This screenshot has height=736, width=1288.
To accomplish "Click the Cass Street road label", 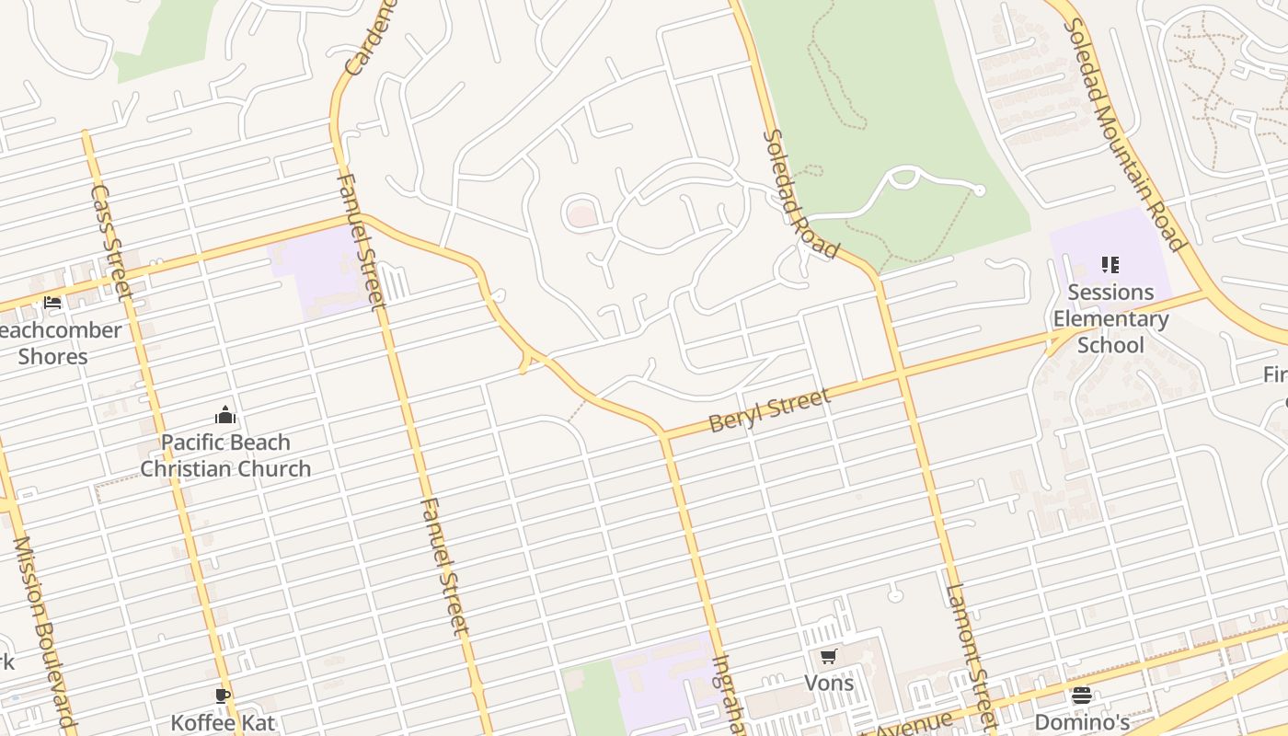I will click(x=111, y=241).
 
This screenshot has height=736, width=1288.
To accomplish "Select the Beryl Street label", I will click(x=769, y=410).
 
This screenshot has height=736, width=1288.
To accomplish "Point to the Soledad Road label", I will click(x=800, y=194).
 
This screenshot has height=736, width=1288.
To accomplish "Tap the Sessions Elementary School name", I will click(x=1110, y=318).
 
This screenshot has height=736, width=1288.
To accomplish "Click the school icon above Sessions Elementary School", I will click(x=1110, y=266).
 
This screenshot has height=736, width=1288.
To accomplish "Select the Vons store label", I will click(x=829, y=683).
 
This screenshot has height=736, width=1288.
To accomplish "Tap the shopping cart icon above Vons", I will click(x=828, y=656).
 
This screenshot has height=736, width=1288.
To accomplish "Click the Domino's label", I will click(x=1082, y=721).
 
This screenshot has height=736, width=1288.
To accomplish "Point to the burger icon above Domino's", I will click(x=1082, y=695).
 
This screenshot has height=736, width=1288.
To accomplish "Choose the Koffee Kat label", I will click(x=223, y=722).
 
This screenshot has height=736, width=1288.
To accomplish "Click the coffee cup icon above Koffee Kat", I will click(x=222, y=695).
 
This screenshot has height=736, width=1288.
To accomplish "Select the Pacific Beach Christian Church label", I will click(x=225, y=455).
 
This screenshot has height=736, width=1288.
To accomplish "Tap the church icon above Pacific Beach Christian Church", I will click(x=225, y=415).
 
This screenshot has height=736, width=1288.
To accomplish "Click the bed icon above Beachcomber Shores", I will click(x=52, y=302).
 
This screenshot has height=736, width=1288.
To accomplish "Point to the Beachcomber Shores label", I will click(x=57, y=343).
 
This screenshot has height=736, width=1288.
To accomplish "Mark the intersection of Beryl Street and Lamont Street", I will click(x=900, y=374).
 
